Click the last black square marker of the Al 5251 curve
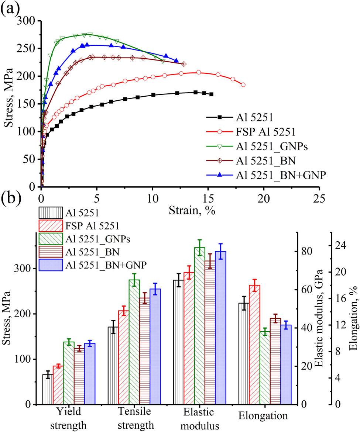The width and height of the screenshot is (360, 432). click(211, 94)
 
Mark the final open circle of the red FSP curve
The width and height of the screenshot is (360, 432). click(243, 85)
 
